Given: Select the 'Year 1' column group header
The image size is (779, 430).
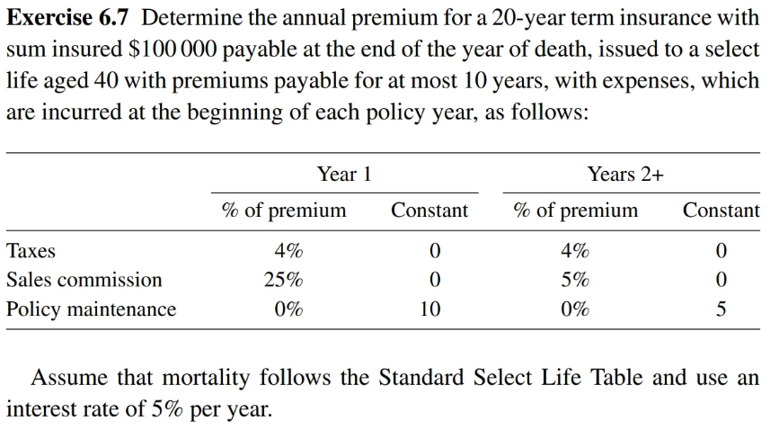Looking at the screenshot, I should pos(343,175).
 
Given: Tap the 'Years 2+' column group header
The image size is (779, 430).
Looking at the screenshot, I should pos(625,175).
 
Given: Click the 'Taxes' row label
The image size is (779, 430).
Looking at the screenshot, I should pos(31,250).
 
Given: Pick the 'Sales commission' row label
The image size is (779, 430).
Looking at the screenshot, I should pos(84,280).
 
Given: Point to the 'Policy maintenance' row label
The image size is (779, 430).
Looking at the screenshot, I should pos(91,309).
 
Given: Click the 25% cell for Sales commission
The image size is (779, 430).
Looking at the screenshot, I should pos(283,280).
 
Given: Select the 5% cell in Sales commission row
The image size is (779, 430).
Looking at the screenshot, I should pos(574,280).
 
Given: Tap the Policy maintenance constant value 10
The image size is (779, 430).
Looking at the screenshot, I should pos(429,309).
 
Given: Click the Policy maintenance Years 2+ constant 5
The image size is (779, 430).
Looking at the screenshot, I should pos(721,309).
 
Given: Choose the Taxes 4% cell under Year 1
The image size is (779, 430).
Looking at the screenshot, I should pos(288,250).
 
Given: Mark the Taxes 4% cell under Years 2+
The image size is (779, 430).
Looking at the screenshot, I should pos(575,250).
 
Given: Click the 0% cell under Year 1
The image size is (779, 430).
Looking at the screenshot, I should pos(288,309).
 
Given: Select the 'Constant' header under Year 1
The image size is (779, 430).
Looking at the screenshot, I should pos(429,211).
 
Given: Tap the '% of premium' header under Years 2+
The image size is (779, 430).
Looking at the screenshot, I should pos(575,211).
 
